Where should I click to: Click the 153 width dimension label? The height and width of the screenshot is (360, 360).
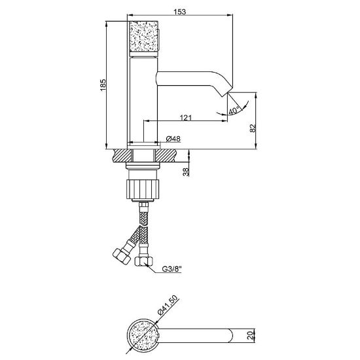coord(180,12)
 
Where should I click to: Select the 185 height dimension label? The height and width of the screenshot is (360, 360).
coord(103,84)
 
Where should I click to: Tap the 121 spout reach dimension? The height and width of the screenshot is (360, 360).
coord(185,118)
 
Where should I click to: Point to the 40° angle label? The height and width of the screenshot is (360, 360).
coord(234,111)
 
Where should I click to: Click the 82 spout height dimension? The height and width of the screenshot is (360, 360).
coord(253,128)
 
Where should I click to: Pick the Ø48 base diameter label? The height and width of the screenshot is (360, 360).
coord(173,139)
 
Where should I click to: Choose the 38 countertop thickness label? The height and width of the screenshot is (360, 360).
coord(185,171)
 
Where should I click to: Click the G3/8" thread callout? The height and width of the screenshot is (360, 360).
coord(172,269)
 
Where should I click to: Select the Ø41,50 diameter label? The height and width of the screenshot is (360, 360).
coord(168,305)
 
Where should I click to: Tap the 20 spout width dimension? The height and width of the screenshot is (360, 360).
coord(251,335)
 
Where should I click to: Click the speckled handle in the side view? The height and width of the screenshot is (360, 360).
coord(144,36)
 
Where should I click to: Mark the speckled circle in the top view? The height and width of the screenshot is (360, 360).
coord(143,335)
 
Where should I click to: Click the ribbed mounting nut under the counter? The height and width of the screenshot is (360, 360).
coord(143,189)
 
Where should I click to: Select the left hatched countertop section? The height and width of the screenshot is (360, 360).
coord(123,155)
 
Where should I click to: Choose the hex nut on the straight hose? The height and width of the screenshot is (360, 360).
coord(144,261)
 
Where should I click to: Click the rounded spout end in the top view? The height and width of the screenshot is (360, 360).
coord(230,335)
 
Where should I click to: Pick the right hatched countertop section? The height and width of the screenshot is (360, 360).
coord(166,155)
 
